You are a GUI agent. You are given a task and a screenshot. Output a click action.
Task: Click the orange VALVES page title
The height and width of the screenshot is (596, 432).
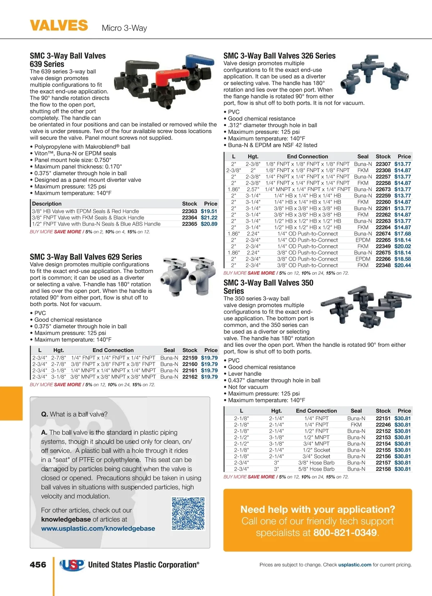coord(59,26)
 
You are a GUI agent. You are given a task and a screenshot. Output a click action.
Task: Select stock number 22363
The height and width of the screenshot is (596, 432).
coord(189,211)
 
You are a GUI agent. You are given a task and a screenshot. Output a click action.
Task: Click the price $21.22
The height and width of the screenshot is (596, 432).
coord(209,218)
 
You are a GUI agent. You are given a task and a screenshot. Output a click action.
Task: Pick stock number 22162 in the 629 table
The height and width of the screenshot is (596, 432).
coord(190,377)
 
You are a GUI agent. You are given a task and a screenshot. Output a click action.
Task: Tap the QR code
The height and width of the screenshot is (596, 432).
coord(188,514)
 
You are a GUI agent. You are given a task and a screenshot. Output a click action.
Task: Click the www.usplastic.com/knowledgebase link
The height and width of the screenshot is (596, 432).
coord(98,528)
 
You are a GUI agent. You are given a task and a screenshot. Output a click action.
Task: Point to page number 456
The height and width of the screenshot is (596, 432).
coord(38,565)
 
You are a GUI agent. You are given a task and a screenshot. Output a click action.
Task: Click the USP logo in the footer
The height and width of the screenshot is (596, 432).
coord(72,565)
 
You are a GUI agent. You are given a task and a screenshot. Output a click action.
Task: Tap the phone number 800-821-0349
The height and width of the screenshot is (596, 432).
coord(345,533)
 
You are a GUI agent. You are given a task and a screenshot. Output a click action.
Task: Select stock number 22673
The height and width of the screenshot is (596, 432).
coord(383,189)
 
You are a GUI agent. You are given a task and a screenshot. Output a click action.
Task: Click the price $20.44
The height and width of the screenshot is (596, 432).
coord(402,265)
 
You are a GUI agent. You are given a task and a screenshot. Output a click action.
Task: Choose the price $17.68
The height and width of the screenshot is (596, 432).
coord(402,234)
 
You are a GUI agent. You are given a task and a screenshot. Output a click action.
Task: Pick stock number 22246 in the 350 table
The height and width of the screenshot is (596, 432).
coord(383,425)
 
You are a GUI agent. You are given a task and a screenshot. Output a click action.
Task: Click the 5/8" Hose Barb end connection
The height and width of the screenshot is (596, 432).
coord(316,469)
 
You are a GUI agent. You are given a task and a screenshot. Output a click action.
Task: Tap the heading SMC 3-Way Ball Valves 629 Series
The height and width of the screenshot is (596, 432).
coord(86,257)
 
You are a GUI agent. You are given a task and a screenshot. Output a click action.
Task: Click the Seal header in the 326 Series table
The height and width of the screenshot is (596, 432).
coord(363,157)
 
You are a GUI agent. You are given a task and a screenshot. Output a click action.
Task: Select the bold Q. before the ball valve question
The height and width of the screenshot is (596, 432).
coord(44,414)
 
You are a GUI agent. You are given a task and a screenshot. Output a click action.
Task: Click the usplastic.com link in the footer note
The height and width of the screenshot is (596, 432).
coord(355,565)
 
